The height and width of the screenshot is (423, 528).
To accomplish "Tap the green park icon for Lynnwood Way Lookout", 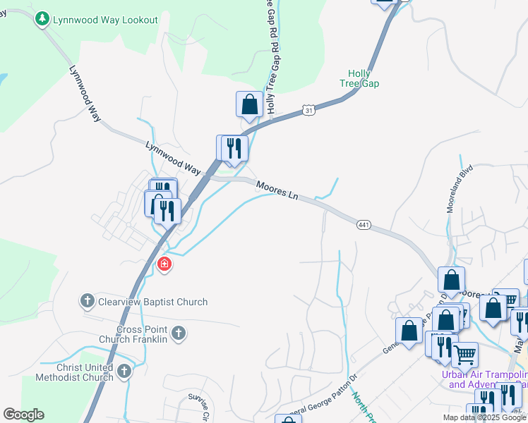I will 42,19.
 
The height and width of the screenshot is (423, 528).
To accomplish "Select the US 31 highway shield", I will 308,110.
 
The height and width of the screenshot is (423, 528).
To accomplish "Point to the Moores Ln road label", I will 277,190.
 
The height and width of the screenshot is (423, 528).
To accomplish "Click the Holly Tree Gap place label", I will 364,78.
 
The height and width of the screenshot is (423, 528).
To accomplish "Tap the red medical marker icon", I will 164,264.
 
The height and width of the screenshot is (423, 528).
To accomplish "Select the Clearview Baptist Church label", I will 153,302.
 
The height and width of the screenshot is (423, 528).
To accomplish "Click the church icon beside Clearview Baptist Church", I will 87,302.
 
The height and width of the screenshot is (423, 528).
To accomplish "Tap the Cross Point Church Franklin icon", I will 179,333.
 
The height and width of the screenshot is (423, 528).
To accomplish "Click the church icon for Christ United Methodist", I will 124,371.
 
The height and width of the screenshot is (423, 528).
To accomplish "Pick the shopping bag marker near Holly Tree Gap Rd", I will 249,105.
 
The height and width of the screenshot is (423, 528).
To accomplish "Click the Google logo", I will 23,415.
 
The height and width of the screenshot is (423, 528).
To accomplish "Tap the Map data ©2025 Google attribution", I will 484,417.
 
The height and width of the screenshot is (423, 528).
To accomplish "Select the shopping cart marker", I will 464,355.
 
